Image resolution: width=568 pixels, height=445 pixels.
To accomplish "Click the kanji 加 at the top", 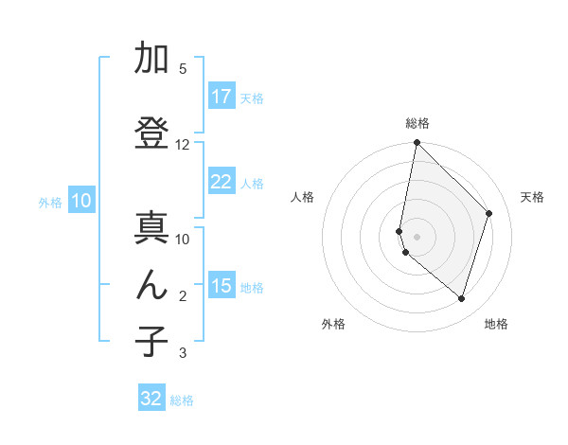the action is pos(151,60).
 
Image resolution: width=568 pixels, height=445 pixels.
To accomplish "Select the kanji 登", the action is pos(151,133).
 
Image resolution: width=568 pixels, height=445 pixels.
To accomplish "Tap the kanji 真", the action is pos(151,228).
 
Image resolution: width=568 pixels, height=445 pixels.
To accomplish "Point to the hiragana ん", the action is pos(151,285).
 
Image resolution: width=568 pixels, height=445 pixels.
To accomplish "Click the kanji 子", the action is pos(151,342).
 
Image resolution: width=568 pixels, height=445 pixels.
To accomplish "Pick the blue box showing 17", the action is pos(222,97).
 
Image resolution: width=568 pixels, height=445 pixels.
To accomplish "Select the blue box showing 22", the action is pos(222,182).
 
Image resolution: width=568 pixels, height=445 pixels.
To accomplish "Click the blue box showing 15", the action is pos(222,286).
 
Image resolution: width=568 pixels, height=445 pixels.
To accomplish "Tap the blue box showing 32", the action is pos(151,399).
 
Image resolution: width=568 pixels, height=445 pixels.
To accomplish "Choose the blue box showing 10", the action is pos(80,201).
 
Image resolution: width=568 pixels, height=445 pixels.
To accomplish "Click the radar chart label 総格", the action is pos(417,123).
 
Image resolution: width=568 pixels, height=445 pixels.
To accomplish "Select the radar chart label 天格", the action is pos(532,197).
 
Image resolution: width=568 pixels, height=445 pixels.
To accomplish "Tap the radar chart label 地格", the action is pos(496,324).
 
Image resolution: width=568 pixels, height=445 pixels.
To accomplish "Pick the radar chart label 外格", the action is pos(333,324).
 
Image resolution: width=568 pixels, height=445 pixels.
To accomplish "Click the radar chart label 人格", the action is pos(302,197).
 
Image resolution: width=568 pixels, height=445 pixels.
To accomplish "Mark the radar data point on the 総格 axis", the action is pos(417,143).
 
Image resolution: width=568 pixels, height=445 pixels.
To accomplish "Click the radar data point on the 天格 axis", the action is pos(489,213).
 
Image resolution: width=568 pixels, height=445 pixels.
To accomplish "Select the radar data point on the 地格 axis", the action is pos(461,298).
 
